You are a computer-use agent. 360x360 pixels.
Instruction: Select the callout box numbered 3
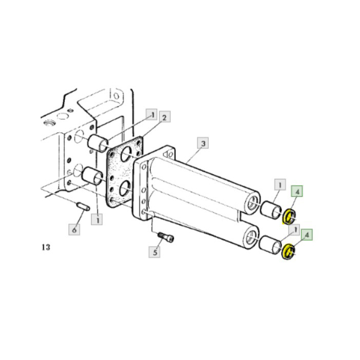[203, 143]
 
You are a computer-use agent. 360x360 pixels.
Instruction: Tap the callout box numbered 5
[154, 252]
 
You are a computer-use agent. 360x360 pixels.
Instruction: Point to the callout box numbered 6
[75, 229]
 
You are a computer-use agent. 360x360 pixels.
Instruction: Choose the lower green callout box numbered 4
[308, 235]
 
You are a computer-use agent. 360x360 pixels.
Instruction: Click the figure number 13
[46, 248]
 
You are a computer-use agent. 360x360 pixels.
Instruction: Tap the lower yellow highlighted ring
[290, 252]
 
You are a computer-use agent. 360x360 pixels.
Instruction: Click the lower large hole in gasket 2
[125, 191]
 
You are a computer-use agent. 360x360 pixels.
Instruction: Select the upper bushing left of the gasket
[97, 143]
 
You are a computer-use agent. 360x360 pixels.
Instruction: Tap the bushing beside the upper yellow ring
[270, 210]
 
